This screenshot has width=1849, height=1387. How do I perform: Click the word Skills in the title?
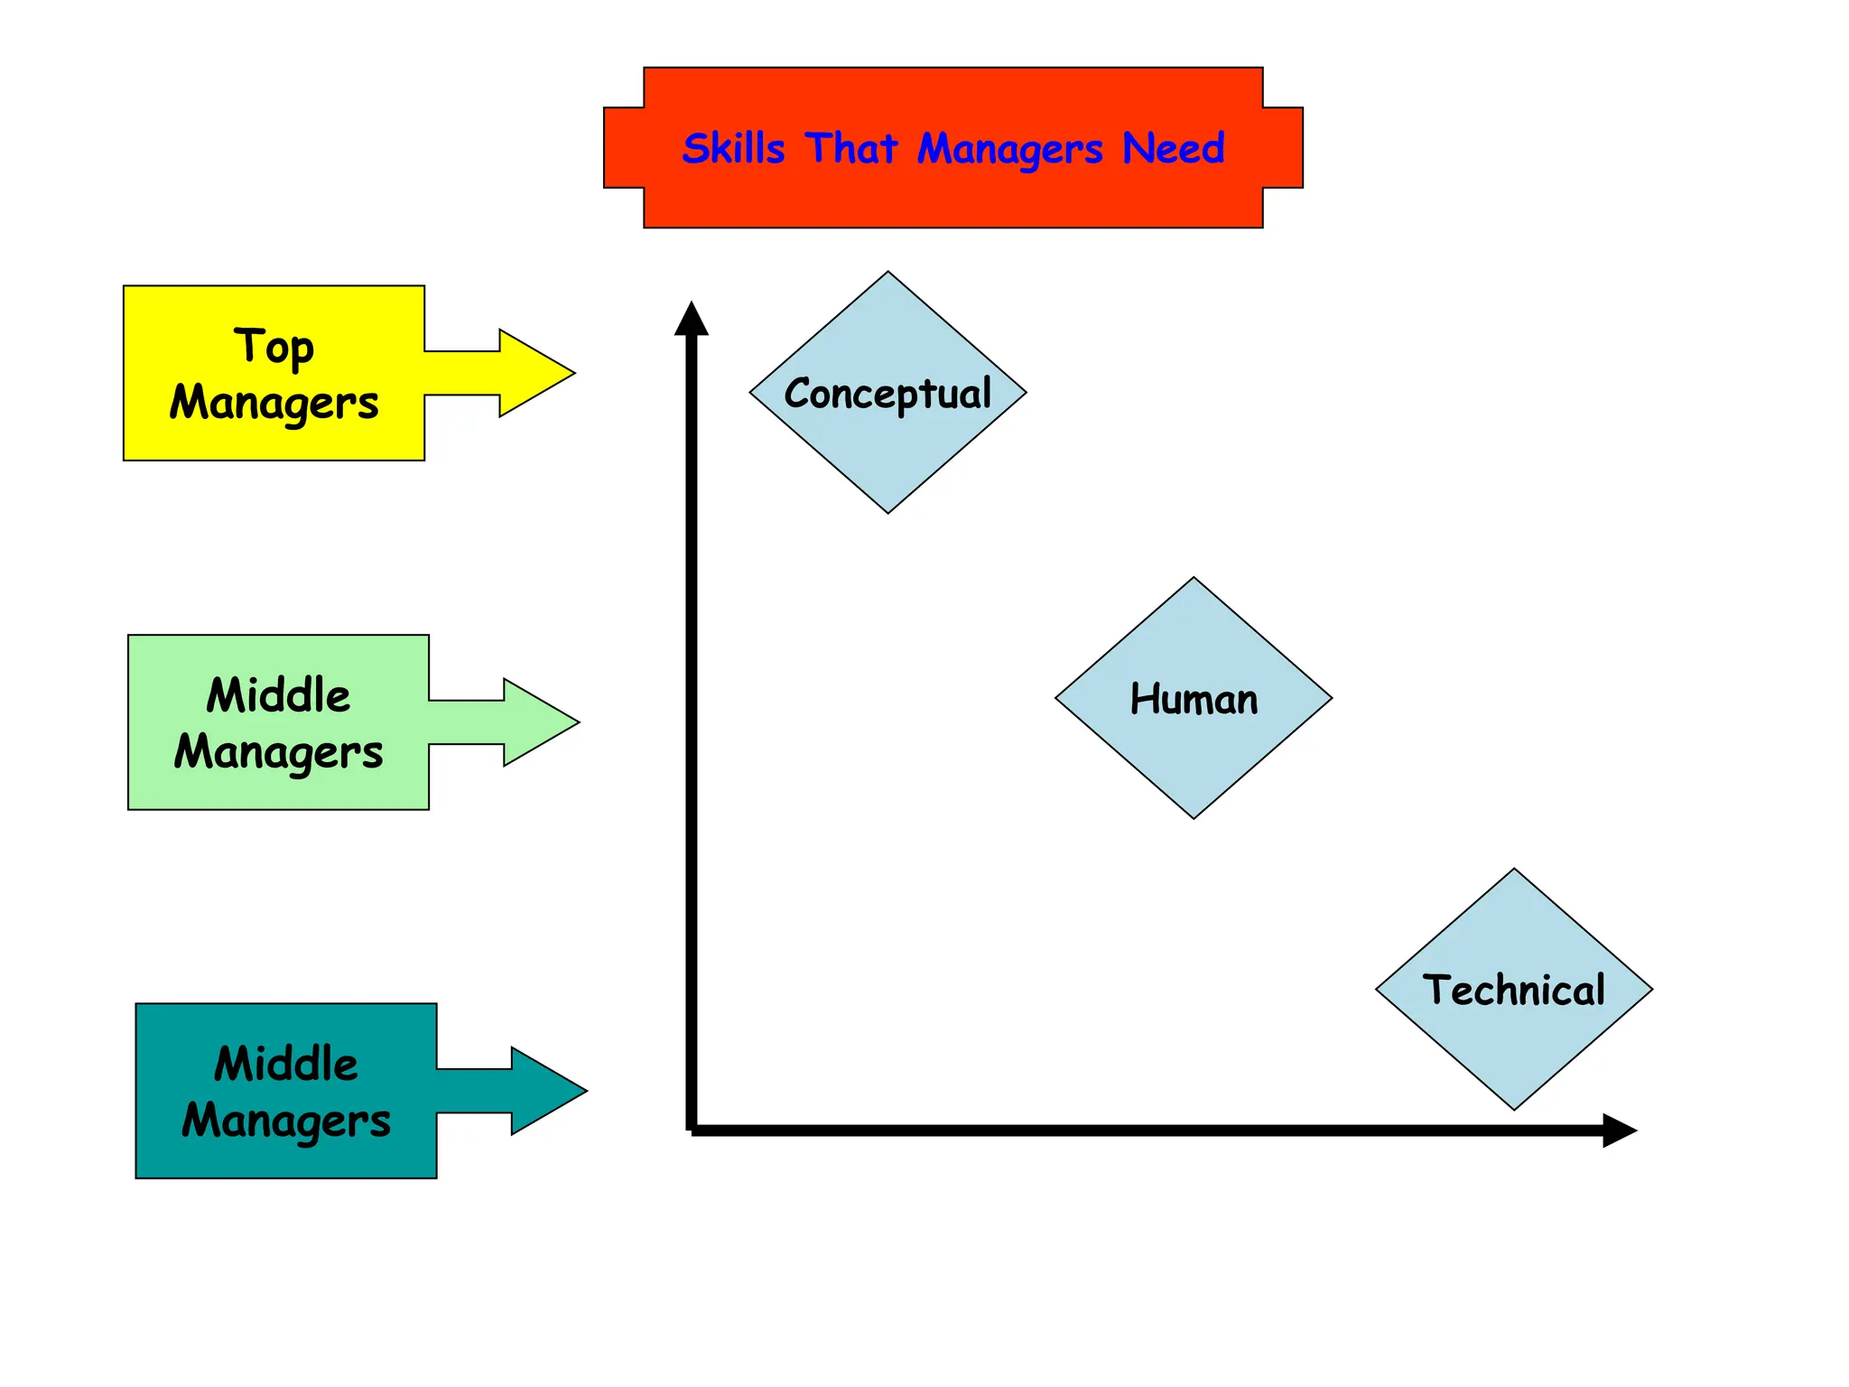(x=733, y=148)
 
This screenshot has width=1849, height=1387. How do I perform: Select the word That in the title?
(x=850, y=148)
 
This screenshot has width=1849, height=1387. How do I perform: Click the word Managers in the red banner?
(x=1009, y=150)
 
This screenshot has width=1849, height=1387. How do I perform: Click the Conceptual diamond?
(x=887, y=393)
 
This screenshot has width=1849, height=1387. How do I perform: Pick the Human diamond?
(x=1193, y=699)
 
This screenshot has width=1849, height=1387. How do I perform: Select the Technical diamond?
(x=1513, y=990)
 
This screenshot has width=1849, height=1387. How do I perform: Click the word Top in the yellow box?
(x=274, y=348)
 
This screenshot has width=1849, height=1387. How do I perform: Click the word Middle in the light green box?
(x=278, y=695)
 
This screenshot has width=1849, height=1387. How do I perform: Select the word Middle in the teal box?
(x=285, y=1064)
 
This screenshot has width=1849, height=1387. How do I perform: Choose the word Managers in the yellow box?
(x=274, y=403)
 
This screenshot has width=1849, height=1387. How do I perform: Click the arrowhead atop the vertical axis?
(x=692, y=320)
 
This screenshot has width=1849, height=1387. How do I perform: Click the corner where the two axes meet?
(x=692, y=1129)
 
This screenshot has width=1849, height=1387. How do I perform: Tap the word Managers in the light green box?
(x=278, y=752)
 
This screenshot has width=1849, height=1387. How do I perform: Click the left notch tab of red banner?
(x=624, y=148)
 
